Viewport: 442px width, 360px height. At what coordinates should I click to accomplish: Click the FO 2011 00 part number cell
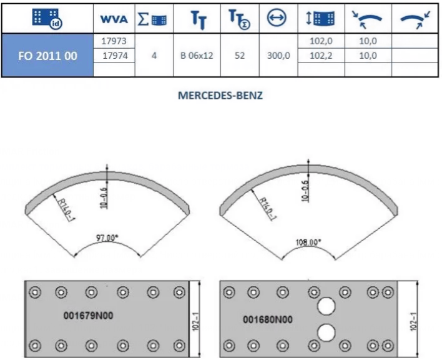click(x=47, y=56)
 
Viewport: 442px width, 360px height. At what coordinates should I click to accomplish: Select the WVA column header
click(x=114, y=19)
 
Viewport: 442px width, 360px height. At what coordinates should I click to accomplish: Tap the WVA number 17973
click(x=114, y=41)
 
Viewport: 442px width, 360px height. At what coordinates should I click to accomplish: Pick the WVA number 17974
click(x=115, y=56)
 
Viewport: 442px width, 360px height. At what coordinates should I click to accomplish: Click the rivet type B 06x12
click(x=197, y=56)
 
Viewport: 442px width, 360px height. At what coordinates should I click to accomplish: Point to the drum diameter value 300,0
click(x=278, y=56)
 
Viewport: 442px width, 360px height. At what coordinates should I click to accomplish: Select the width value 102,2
click(x=321, y=56)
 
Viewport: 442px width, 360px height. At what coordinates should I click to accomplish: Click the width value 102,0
click(x=321, y=41)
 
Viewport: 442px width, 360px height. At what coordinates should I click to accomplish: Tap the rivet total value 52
click(x=240, y=56)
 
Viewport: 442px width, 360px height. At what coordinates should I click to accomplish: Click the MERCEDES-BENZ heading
click(x=220, y=96)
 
